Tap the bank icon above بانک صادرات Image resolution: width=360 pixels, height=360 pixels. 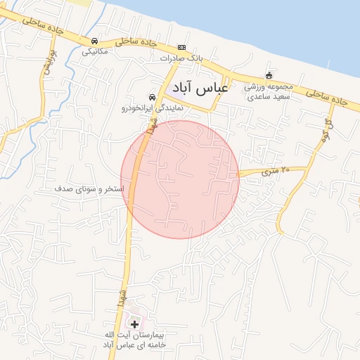(x=181, y=47)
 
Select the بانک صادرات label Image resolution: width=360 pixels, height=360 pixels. (x=181, y=58)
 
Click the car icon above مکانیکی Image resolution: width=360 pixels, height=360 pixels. (x=94, y=41)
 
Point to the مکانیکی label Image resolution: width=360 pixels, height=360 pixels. (x=95, y=51)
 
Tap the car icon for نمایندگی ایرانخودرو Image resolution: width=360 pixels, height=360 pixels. (x=151, y=97)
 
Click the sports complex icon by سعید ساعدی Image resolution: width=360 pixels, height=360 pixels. (x=268, y=76)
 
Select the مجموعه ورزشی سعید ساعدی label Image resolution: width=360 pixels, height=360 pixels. (x=267, y=91)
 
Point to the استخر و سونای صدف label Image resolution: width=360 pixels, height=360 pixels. (x=89, y=190)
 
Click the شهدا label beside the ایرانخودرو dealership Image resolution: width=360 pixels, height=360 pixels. (x=151, y=127)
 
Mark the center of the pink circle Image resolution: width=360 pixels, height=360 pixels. (x=180, y=179)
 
